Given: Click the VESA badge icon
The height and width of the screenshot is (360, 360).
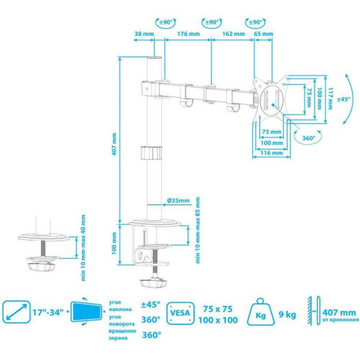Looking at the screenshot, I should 180,314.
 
